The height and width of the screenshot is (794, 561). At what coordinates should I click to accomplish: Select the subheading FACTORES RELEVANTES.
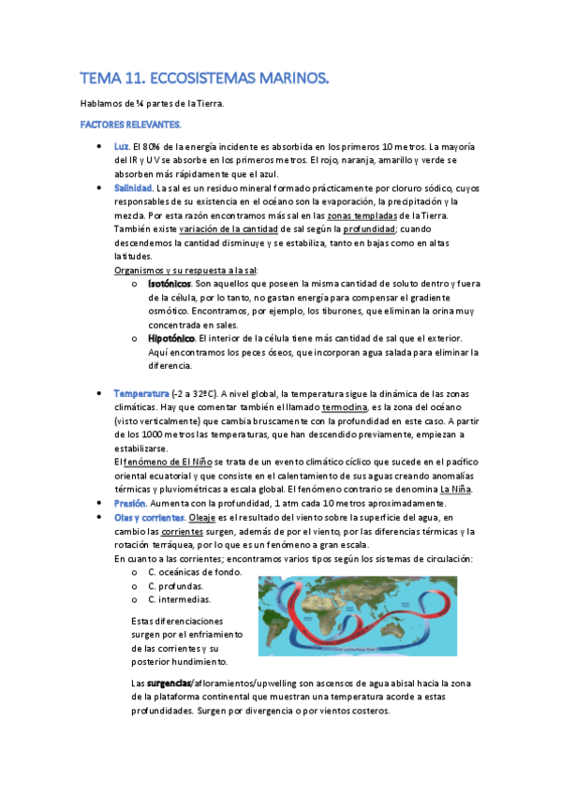pos(131,125)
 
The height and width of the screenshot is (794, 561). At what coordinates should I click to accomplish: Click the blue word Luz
pos(121,147)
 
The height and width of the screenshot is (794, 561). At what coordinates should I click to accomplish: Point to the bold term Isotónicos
pos(170,284)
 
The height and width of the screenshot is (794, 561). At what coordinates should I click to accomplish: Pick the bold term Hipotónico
pos(171,338)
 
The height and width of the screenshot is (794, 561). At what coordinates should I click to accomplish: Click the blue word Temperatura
pos(140,393)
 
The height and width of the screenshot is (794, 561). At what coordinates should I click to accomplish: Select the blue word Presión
pos(129,503)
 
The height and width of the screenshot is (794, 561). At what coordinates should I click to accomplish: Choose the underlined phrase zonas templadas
pos(365,215)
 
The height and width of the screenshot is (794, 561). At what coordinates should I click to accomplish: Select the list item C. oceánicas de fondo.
pos(195,572)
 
